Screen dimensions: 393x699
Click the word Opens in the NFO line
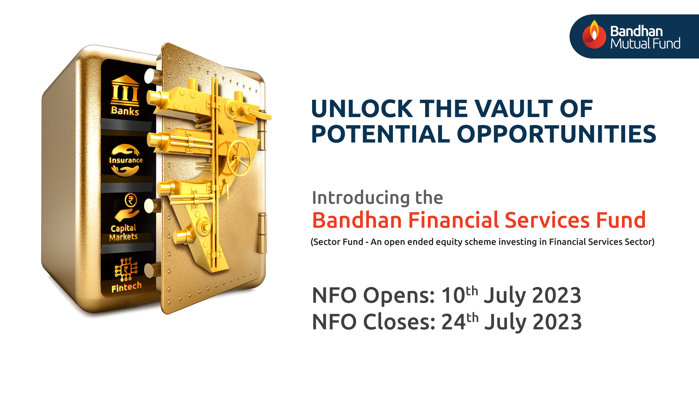[399, 295]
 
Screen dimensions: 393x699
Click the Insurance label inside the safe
[126, 160]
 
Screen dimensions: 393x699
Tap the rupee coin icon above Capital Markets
[131, 200]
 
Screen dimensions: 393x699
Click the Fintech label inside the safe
[126, 287]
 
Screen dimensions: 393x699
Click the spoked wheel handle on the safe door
[239, 159]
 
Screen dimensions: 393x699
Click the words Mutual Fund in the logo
[645, 44]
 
